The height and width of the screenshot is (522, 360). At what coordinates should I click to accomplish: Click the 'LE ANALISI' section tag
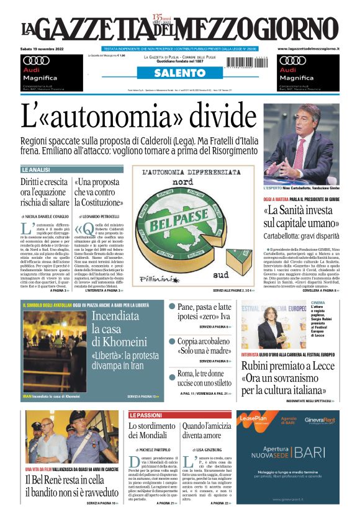(x=36, y=169)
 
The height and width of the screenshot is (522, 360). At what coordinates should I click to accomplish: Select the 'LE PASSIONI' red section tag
(x=146, y=415)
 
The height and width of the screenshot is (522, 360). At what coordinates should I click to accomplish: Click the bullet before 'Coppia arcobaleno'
(x=172, y=341)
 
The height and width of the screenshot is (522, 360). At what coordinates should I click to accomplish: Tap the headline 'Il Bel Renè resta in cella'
(x=68, y=480)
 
